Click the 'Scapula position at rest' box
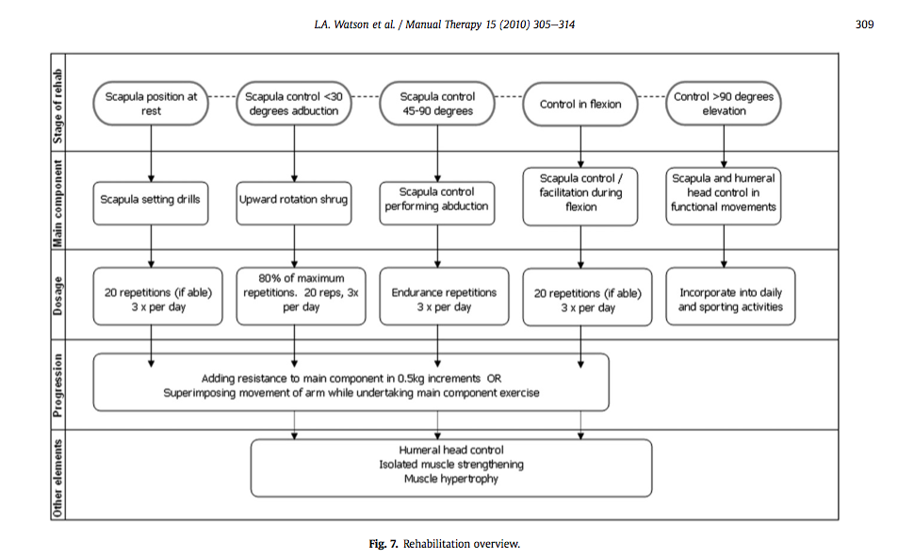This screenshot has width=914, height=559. point(152,104)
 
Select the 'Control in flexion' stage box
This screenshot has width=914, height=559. point(580,104)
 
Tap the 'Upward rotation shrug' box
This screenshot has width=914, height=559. point(295,200)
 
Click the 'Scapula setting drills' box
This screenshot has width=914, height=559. point(151,200)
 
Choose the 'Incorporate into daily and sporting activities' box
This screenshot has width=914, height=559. point(724,300)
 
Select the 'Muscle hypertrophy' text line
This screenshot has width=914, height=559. point(451,479)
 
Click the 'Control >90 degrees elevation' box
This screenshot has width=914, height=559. point(724,104)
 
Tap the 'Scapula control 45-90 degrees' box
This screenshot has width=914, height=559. point(437,104)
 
